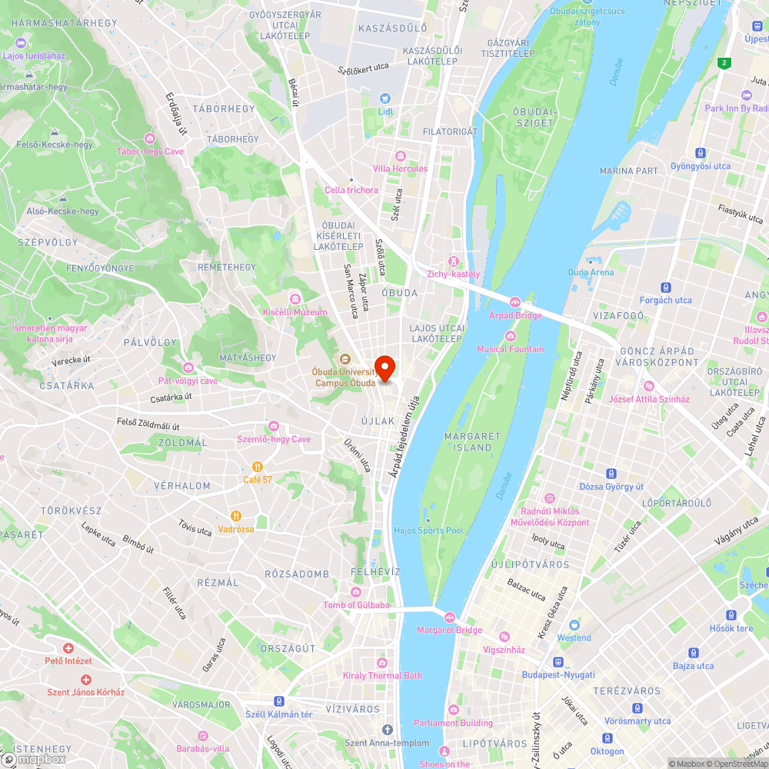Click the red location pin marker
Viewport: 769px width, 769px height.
pos(384,367)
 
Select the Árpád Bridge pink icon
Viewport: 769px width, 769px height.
pos(514,301)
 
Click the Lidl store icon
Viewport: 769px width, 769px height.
pos(385,98)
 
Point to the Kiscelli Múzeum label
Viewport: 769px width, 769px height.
pos(295,312)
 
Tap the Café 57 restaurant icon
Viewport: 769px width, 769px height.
pos(258,466)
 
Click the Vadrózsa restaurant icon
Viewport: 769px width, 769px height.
pos(236,516)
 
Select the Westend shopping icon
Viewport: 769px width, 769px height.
pos(574,624)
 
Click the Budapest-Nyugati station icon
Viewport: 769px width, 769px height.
pos(559,661)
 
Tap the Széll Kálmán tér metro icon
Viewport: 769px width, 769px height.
pos(278,701)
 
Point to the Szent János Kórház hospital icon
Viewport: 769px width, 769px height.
pos(86,680)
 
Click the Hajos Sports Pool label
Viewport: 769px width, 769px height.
pos(428,531)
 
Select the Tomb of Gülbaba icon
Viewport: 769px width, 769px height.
pos(355,591)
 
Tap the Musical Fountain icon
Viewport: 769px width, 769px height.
pos(511,335)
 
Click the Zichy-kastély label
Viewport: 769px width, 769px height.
pos(454,274)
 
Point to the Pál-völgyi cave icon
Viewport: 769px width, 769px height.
pos(188,367)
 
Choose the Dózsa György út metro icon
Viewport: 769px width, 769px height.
pos(611,474)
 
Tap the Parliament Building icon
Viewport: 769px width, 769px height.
pos(453,710)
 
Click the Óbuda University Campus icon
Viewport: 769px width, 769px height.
pos(345,358)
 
